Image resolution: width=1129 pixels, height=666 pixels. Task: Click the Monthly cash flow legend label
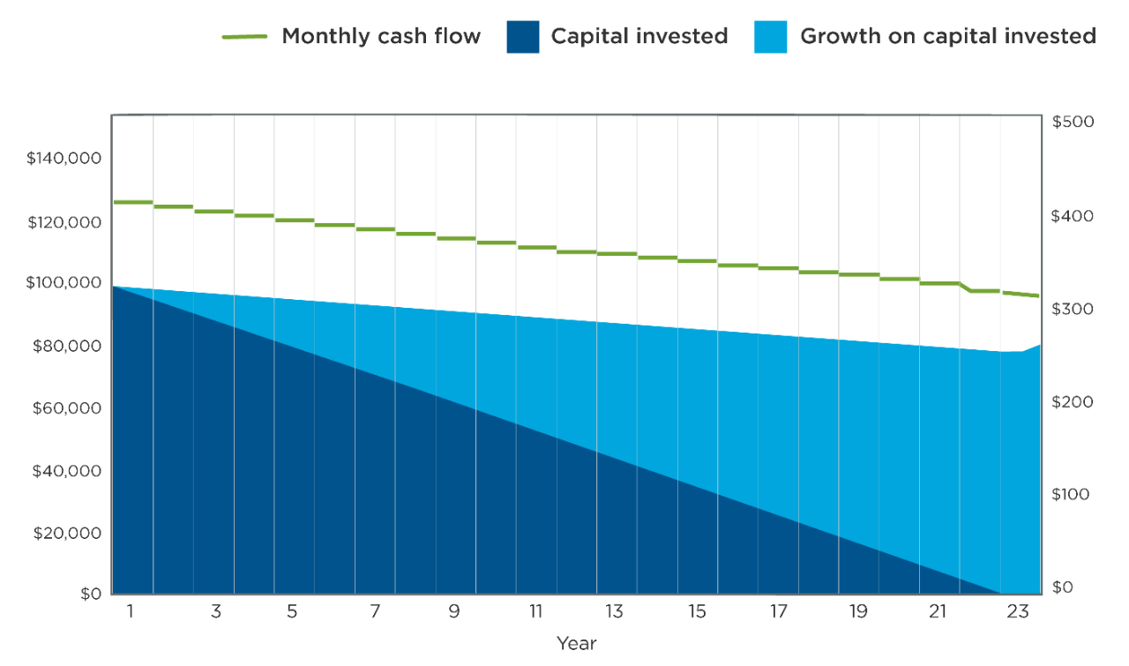381,36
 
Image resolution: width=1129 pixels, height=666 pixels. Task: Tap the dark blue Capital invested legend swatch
522,37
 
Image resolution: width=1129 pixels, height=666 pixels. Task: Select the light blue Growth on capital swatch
771,37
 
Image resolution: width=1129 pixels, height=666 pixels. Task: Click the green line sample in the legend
244,37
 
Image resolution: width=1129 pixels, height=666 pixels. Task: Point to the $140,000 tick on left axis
64,160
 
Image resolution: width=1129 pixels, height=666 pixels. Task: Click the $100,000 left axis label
64,283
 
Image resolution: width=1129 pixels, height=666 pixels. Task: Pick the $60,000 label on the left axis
67,408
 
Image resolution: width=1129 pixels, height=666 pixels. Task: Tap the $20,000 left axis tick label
67,533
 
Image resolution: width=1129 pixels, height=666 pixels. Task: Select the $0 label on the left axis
90,594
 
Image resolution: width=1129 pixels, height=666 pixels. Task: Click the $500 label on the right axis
1073,122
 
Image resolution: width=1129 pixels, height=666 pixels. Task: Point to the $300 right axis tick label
1073,310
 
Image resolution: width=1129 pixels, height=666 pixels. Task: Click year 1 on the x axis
130,612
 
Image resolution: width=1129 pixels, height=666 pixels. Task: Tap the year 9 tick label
454,612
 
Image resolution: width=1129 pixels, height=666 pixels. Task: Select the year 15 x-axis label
697,612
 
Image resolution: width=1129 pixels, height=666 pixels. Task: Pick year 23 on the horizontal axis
1019,612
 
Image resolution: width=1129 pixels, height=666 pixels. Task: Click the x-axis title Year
576,644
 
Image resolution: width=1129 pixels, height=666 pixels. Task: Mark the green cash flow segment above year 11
536,248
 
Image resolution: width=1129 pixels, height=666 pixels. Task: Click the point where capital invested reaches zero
1000,594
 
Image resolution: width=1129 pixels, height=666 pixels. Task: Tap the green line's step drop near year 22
968,288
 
